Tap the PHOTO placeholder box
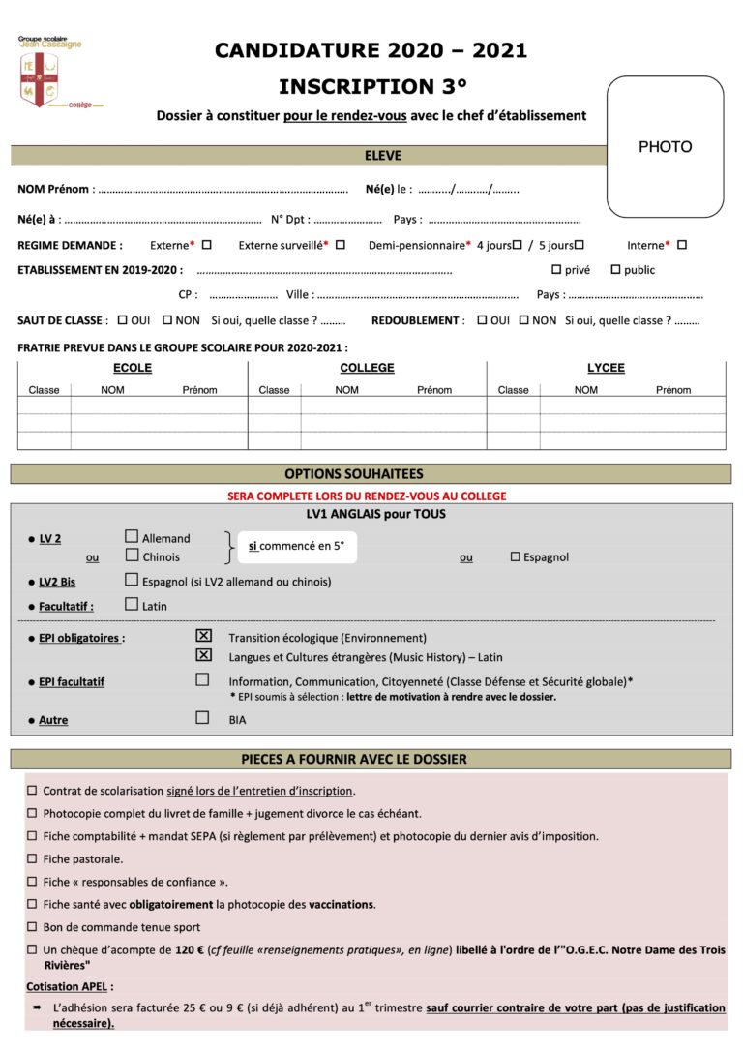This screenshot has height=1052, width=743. point(665,147)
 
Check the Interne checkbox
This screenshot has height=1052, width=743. point(682,245)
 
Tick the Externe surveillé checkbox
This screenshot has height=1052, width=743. point(341,245)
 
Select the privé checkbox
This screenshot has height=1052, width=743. point(556,269)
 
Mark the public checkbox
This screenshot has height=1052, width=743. point(615,269)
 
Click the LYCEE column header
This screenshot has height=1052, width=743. point(606,368)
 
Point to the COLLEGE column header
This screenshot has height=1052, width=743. point(367,368)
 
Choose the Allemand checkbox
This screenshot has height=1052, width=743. point(132,537)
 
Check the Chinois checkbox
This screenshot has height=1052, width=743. point(132,556)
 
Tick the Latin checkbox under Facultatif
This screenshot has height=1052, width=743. point(132,605)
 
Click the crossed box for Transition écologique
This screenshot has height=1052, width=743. point(203,637)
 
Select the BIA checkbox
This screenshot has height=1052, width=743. point(202,718)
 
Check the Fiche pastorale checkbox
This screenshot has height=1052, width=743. point(32,858)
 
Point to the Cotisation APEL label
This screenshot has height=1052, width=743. point(69,986)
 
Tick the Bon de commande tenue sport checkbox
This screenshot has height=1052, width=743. point(32,927)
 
